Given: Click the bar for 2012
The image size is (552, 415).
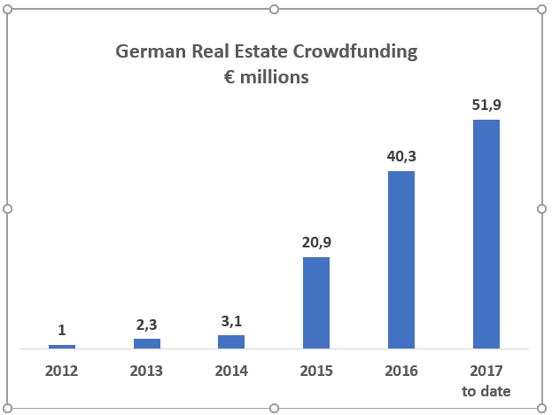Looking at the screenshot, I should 62,347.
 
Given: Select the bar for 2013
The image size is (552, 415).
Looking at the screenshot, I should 147,343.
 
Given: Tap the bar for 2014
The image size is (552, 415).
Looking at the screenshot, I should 231,341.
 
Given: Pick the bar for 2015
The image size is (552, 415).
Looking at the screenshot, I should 316,302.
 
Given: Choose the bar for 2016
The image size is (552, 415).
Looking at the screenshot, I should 401,259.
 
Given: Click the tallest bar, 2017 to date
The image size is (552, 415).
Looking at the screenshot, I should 486,233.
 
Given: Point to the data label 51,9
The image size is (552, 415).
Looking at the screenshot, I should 486,106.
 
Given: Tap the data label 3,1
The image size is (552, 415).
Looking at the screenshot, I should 231,320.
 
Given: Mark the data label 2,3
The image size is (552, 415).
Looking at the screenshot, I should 147,324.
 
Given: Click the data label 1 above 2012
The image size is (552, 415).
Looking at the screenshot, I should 62,330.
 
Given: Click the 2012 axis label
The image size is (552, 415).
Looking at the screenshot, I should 62,371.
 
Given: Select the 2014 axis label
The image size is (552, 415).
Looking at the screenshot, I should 231,371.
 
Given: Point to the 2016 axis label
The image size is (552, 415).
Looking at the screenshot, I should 401,371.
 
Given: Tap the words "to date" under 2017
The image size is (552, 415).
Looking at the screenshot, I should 486,391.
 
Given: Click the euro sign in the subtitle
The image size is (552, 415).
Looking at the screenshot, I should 229,77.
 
